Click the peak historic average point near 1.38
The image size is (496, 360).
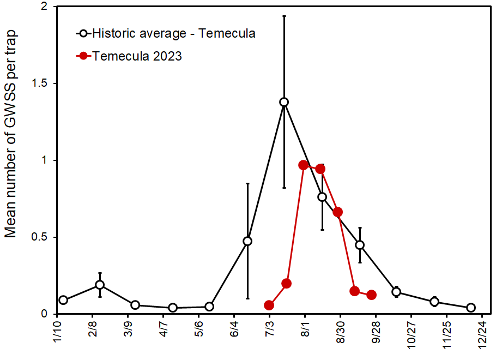(284, 102)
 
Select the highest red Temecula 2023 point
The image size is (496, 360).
(304, 165)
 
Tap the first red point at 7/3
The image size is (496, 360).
(269, 305)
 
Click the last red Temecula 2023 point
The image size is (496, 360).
(372, 295)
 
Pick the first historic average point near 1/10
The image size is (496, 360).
(63, 300)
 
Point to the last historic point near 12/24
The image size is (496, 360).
(471, 308)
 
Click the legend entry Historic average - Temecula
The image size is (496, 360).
(173, 33)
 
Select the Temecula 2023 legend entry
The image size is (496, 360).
(137, 56)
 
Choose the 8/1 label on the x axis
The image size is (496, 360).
(303, 332)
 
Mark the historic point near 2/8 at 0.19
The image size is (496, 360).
(100, 285)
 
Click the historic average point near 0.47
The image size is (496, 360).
(247, 241)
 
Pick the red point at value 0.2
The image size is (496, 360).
(287, 283)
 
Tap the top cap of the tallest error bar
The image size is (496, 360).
(284, 16)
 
